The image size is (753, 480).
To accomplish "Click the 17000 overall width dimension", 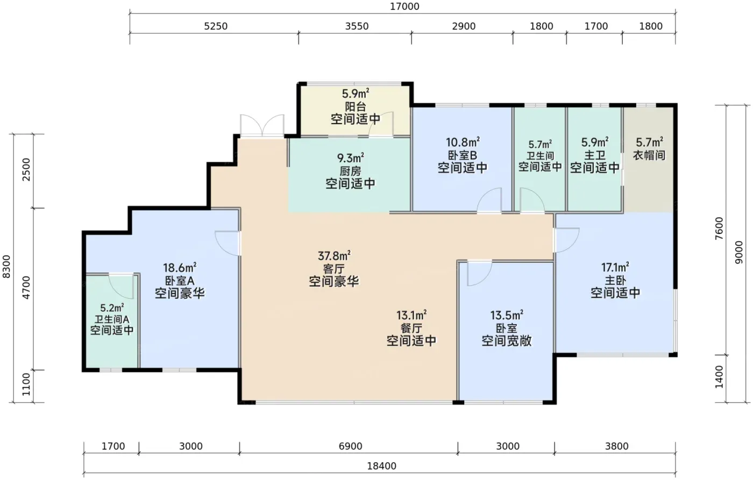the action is point(404,6).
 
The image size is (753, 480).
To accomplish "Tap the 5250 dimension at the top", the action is point(216,26).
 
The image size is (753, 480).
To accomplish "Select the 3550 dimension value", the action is point(357,26).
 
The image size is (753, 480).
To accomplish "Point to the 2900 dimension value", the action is point(464,26).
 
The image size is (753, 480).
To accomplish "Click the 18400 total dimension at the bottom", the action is point(381,466).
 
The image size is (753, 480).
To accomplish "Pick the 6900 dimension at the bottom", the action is point(350,446).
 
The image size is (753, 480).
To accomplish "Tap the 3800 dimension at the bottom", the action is point(616,446).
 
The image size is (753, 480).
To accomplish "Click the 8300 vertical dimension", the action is point(6,267).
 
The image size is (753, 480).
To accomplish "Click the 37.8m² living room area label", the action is point(334,256).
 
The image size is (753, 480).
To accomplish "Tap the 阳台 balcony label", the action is point(356,107).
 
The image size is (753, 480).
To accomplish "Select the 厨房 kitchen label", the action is point(350,171).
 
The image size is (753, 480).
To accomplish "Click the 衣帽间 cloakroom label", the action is point(649,155).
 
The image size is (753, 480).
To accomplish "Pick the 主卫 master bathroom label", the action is point(595,155).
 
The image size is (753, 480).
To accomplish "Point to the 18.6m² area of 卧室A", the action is point(180,268).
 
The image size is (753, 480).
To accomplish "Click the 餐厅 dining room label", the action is point(411,328).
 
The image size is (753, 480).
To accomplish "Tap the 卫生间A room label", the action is point(112,319).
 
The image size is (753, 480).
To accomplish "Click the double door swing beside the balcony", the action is point(262,125).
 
